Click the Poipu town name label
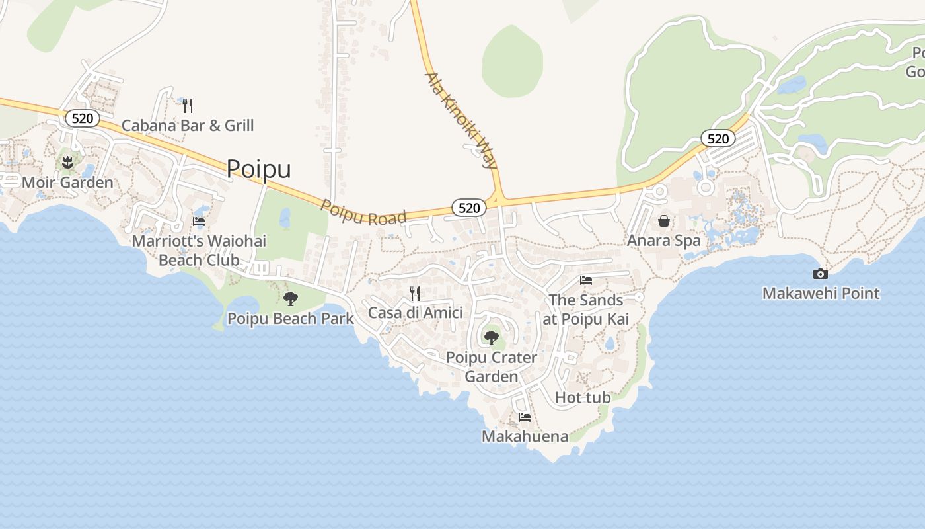(258, 169)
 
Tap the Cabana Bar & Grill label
(188, 126)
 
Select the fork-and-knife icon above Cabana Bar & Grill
(188, 105)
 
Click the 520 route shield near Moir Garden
(83, 118)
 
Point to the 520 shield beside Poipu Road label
(469, 208)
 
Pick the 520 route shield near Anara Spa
(718, 138)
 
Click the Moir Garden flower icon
(67, 162)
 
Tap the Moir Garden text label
(67, 182)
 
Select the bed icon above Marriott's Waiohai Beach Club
(199, 222)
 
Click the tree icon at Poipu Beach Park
(290, 299)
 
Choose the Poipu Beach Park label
(291, 319)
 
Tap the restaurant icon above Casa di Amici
(415, 293)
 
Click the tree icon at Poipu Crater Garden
(491, 338)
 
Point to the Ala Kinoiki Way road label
(461, 120)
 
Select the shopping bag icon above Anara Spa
(664, 221)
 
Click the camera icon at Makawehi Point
(820, 274)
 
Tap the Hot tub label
(583, 397)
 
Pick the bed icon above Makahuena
(525, 417)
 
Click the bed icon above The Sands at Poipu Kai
(586, 280)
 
